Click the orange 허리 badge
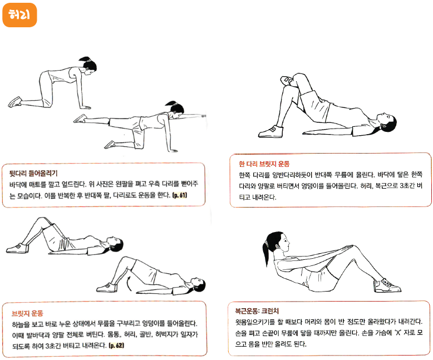(x=19, y=15)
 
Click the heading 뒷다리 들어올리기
(x=33, y=174)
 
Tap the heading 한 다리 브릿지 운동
(x=264, y=164)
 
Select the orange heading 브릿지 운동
(x=27, y=313)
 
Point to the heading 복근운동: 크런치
(x=257, y=311)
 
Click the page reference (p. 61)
(x=180, y=195)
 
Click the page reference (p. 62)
(x=116, y=346)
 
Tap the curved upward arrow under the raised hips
(x=129, y=284)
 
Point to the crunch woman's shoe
(x=387, y=285)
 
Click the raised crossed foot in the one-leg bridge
(x=287, y=80)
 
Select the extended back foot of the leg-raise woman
(x=80, y=119)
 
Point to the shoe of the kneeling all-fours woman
(x=15, y=102)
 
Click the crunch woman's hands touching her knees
(x=347, y=248)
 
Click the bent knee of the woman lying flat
(x=41, y=221)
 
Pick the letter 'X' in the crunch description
(x=398, y=333)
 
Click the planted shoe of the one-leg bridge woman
(x=271, y=132)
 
